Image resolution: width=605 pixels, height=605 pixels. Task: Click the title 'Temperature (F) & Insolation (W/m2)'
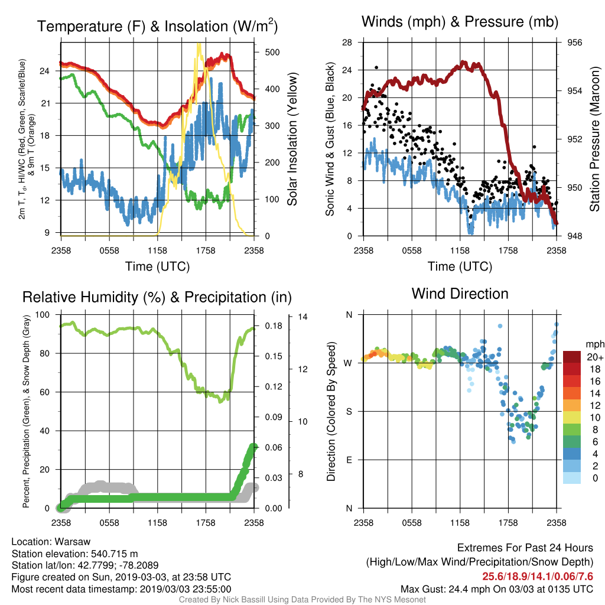pyautogui.click(x=157, y=26)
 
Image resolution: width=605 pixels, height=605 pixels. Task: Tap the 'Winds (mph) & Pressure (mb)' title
pyautogui.click(x=460, y=22)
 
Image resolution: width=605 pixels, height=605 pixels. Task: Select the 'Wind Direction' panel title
pyautogui.click(x=460, y=294)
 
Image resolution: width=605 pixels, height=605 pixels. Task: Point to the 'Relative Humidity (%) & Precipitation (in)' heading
pyautogui.click(x=157, y=297)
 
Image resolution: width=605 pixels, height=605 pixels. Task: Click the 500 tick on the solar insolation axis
pyautogui.click(x=272, y=52)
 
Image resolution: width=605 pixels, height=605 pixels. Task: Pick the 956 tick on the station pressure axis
pyautogui.click(x=574, y=43)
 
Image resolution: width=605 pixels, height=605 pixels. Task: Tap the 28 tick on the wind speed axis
pyautogui.click(x=347, y=43)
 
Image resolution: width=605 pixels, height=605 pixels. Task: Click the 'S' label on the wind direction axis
pyautogui.click(x=349, y=411)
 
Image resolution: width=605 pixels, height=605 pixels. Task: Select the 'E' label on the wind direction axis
pyautogui.click(x=349, y=460)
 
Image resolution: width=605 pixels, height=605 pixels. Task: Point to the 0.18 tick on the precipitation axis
pyautogui.click(x=274, y=326)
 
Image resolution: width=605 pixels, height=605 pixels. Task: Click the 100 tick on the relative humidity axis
pyautogui.click(x=43, y=314)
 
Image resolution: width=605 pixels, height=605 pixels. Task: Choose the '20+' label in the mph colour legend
pyautogui.click(x=595, y=357)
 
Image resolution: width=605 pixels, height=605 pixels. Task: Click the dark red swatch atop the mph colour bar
pyautogui.click(x=572, y=357)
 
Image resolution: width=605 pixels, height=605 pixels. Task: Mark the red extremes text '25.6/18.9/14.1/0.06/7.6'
pyautogui.click(x=538, y=577)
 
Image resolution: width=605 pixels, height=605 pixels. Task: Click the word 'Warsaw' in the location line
pyautogui.click(x=73, y=542)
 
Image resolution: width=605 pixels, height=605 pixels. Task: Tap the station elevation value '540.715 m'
pyautogui.click(x=114, y=554)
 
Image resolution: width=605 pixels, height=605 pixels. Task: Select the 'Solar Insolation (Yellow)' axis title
pyautogui.click(x=292, y=139)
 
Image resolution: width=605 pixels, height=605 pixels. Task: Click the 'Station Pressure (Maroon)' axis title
pyautogui.click(x=594, y=139)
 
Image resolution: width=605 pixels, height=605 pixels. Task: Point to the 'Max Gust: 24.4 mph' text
pyautogui.click(x=443, y=589)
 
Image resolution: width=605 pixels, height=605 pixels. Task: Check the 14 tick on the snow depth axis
pyautogui.click(x=303, y=317)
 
